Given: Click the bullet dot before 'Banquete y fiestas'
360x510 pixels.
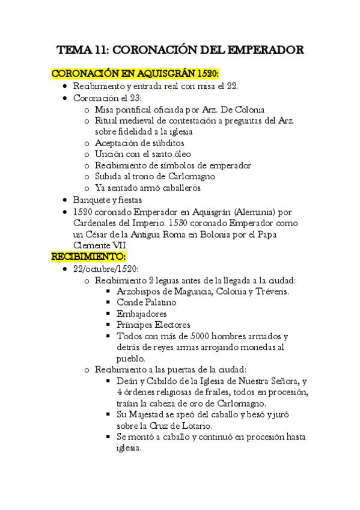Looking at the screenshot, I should (x=66, y=200).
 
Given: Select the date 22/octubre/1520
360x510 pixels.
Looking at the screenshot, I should (x=105, y=268).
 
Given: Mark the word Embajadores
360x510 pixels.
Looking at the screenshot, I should (x=142, y=313).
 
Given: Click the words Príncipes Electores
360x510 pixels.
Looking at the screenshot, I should (x=153, y=325).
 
